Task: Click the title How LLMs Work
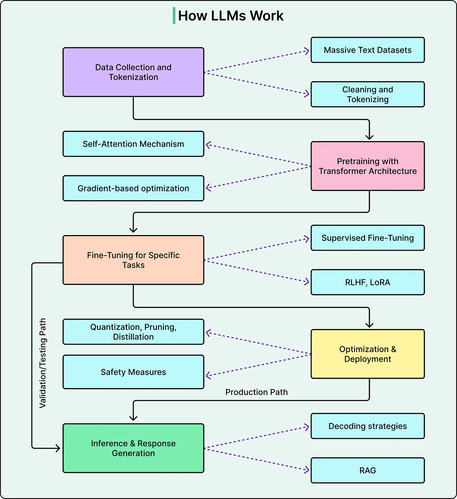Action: point(231,16)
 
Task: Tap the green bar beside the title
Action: point(174,16)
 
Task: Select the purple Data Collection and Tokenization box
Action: point(133,72)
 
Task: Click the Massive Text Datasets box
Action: point(368,50)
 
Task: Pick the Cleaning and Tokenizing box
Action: point(368,94)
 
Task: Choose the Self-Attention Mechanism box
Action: point(133,144)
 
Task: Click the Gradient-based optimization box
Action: point(133,188)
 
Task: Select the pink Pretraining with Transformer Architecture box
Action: point(368,166)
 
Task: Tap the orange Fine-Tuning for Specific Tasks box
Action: point(133,260)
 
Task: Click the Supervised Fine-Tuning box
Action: point(368,238)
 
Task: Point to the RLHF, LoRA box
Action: point(368,282)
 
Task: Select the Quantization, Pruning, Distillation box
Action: point(133,332)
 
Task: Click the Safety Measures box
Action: point(133,372)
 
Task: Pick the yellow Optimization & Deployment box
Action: point(368,354)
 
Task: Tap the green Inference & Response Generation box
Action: point(133,448)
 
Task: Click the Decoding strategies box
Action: point(368,426)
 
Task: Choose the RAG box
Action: point(368,470)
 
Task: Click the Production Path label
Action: point(256,392)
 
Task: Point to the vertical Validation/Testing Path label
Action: point(43,363)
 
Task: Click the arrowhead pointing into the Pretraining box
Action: point(369,137)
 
